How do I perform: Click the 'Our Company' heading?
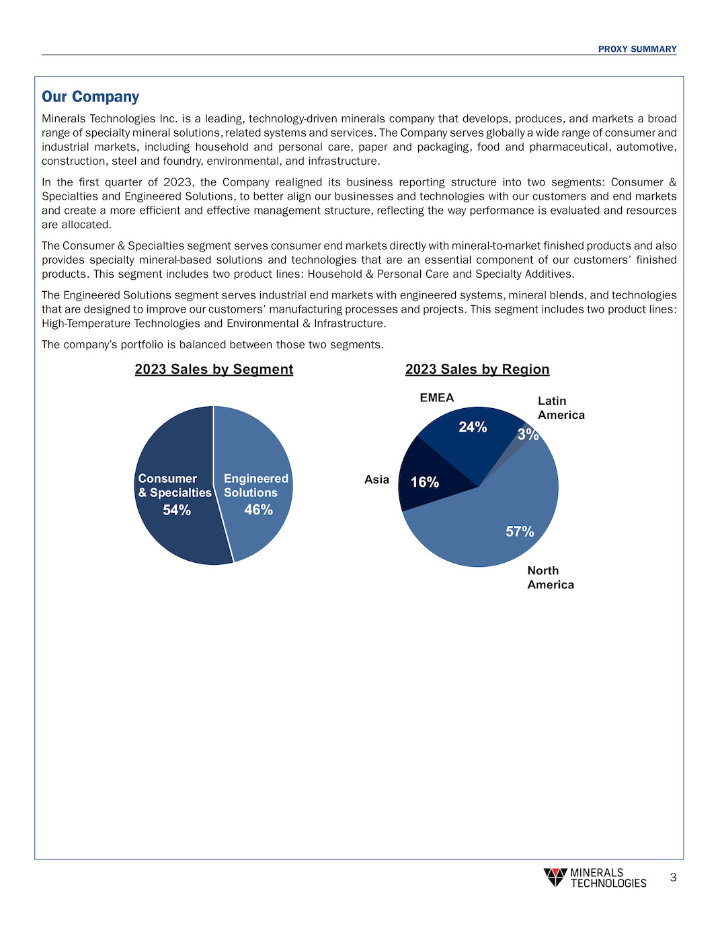pos(90,97)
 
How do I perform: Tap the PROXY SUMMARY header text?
pos(637,49)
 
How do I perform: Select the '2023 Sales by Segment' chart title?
pos(214,369)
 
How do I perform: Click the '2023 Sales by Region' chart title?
pos(477,369)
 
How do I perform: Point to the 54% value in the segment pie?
pos(177,510)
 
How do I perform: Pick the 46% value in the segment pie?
pos(258,510)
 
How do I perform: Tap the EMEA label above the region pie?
pos(437,398)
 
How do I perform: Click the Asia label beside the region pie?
pos(376,479)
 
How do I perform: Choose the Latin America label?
pos(561,408)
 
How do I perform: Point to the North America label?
pos(550,578)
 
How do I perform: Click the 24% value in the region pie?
pos(473,427)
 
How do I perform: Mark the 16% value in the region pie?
pos(425,482)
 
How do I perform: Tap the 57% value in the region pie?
pos(520,532)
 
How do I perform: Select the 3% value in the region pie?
pos(528,435)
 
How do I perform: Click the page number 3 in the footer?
pos(673,878)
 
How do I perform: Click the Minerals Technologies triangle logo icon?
pos(555,877)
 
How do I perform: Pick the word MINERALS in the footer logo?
pos(596,873)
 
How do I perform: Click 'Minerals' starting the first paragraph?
pos(63,119)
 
